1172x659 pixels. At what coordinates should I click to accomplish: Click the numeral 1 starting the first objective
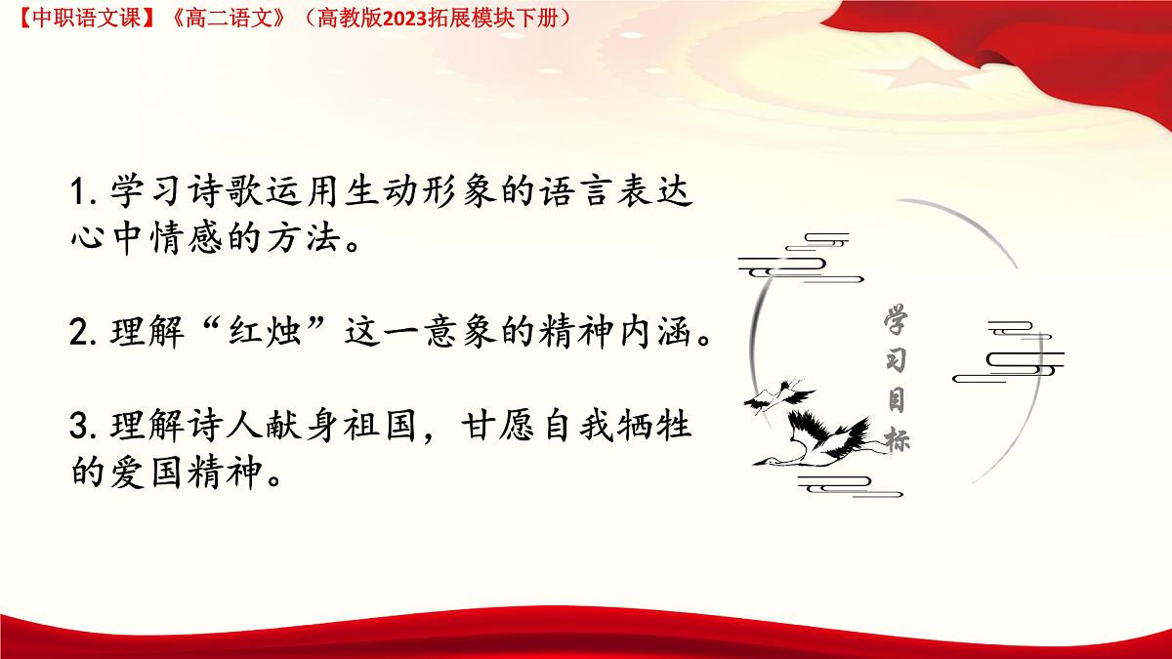point(79,192)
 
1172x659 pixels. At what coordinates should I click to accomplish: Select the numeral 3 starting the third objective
point(80,428)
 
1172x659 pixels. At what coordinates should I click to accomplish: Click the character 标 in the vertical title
point(897,438)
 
